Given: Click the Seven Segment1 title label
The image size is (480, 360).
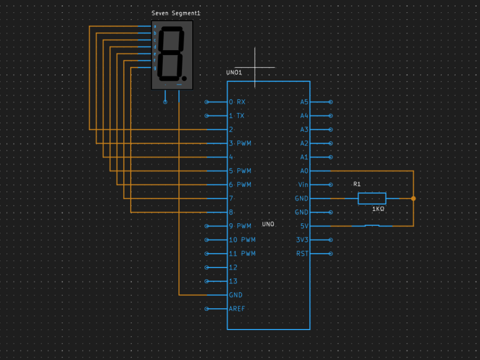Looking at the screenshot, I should coord(172,13).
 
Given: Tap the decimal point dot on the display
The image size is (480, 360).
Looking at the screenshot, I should coord(184,77).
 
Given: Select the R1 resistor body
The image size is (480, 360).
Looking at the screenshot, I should coord(372,198).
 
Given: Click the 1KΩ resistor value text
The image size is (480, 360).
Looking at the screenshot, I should coord(378,209).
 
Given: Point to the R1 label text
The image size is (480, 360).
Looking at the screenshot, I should coord(357,184).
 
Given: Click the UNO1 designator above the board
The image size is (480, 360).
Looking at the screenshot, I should coord(234,72).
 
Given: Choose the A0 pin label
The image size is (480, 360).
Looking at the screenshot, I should coord(304,171).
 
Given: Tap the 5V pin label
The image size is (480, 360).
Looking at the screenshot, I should coord(304,226).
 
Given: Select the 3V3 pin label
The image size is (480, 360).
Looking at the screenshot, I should coord(303,240).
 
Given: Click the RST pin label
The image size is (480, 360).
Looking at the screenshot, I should coord(302,254).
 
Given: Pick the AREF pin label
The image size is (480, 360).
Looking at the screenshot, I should coord(238,309).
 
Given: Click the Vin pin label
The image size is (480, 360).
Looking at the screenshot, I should coord(303,185).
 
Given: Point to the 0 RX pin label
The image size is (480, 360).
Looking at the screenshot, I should coord(237,101).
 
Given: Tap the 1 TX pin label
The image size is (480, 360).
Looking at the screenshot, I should coord(237,115).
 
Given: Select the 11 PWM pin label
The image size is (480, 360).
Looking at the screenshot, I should coord(242,254).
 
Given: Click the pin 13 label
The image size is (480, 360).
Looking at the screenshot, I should coord(233,281).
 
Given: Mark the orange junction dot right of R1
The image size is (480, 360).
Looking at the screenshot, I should coord(413,198).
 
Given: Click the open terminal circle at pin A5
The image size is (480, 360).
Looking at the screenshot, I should coord(331,101).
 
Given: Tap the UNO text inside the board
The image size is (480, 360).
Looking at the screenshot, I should coord(268,224).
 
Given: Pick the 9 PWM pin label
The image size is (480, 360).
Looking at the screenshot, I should coord(240,226).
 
